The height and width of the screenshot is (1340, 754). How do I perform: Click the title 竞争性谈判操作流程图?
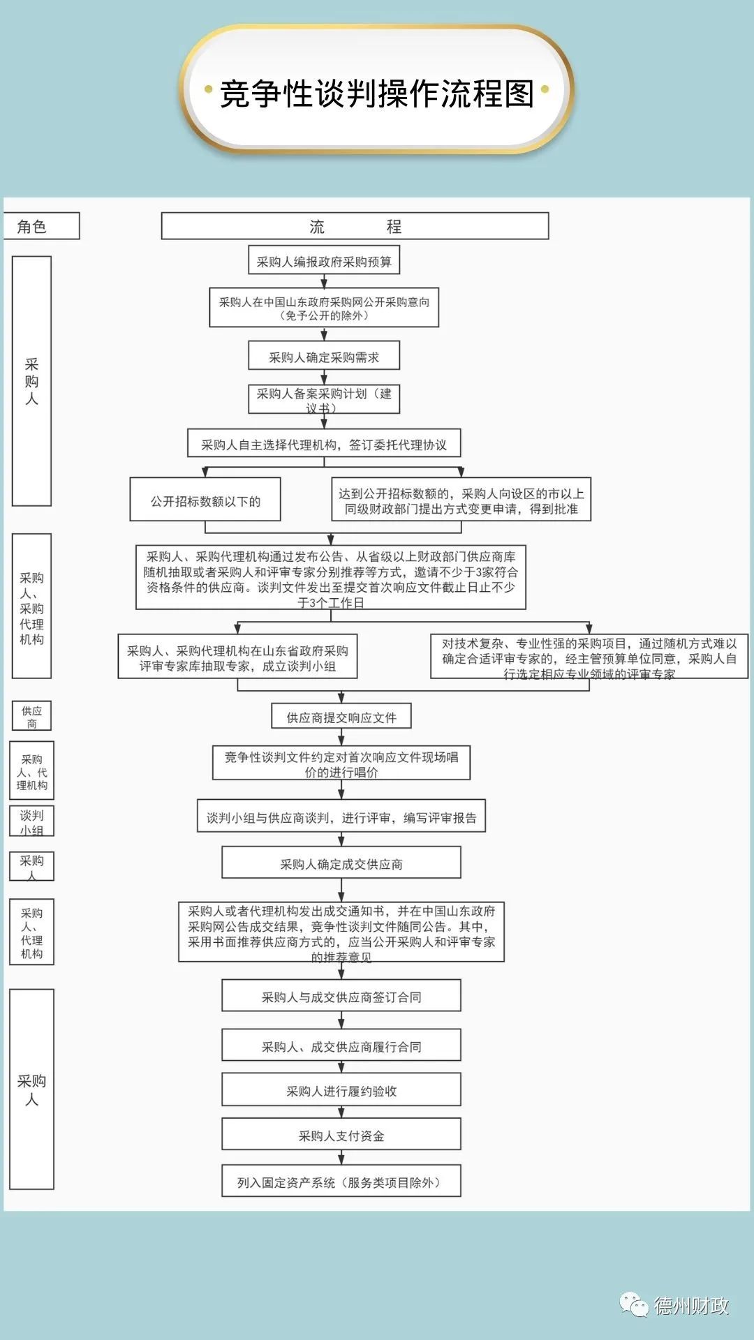(377, 93)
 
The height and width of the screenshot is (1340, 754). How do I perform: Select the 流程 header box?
(355, 226)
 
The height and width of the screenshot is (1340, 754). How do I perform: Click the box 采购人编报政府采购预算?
(324, 261)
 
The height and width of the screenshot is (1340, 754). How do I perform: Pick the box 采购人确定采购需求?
(324, 357)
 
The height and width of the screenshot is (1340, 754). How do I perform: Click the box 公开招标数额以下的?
(205, 500)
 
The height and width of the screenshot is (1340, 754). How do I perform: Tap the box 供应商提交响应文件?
(341, 717)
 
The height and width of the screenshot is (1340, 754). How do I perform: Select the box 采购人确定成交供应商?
(341, 863)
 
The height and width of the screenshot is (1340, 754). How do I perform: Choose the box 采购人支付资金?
(341, 1136)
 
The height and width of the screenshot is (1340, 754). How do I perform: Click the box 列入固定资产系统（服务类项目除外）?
(341, 1182)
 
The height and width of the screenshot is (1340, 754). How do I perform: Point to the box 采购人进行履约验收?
(341, 1090)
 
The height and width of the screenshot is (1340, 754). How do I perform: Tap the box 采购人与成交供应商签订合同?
(341, 997)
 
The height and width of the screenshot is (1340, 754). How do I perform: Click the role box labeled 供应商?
(31, 716)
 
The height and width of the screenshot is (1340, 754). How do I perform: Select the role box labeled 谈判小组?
(31, 821)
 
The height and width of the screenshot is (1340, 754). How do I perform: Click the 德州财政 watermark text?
(690, 1305)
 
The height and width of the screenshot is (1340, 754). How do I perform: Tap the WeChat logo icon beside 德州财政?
(634, 1304)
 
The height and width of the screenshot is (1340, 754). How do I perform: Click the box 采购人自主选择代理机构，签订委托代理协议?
(324, 444)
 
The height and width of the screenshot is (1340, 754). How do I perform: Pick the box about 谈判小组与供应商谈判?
(341, 817)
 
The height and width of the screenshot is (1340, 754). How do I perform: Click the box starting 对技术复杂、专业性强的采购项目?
(589, 657)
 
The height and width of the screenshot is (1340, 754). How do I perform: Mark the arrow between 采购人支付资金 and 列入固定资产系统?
(341, 1157)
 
